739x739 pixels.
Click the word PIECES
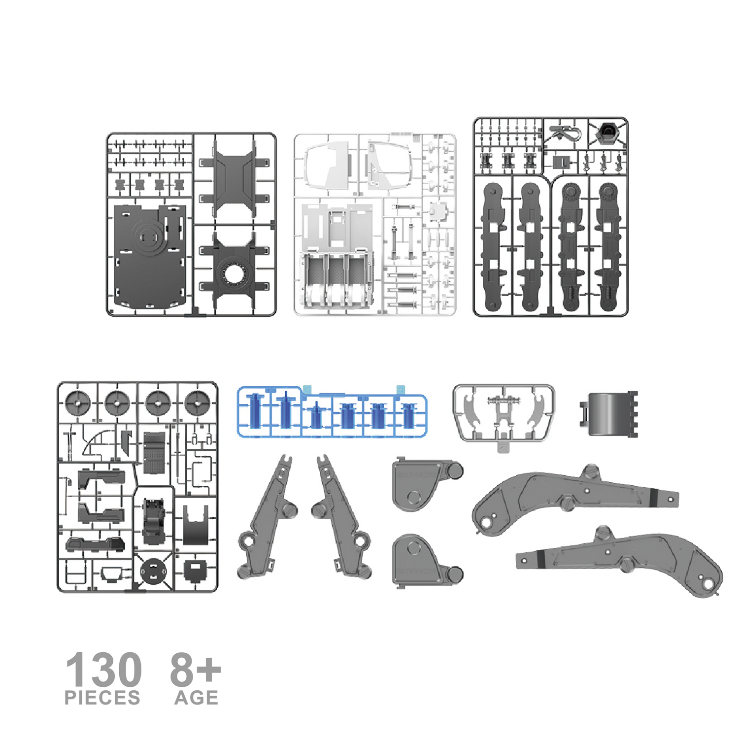coord(102,698)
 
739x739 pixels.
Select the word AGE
coord(196,698)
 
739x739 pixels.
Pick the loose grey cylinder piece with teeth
coord(609,414)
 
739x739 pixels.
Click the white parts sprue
coord(375,224)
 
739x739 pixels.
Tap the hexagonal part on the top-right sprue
coord(608,132)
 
